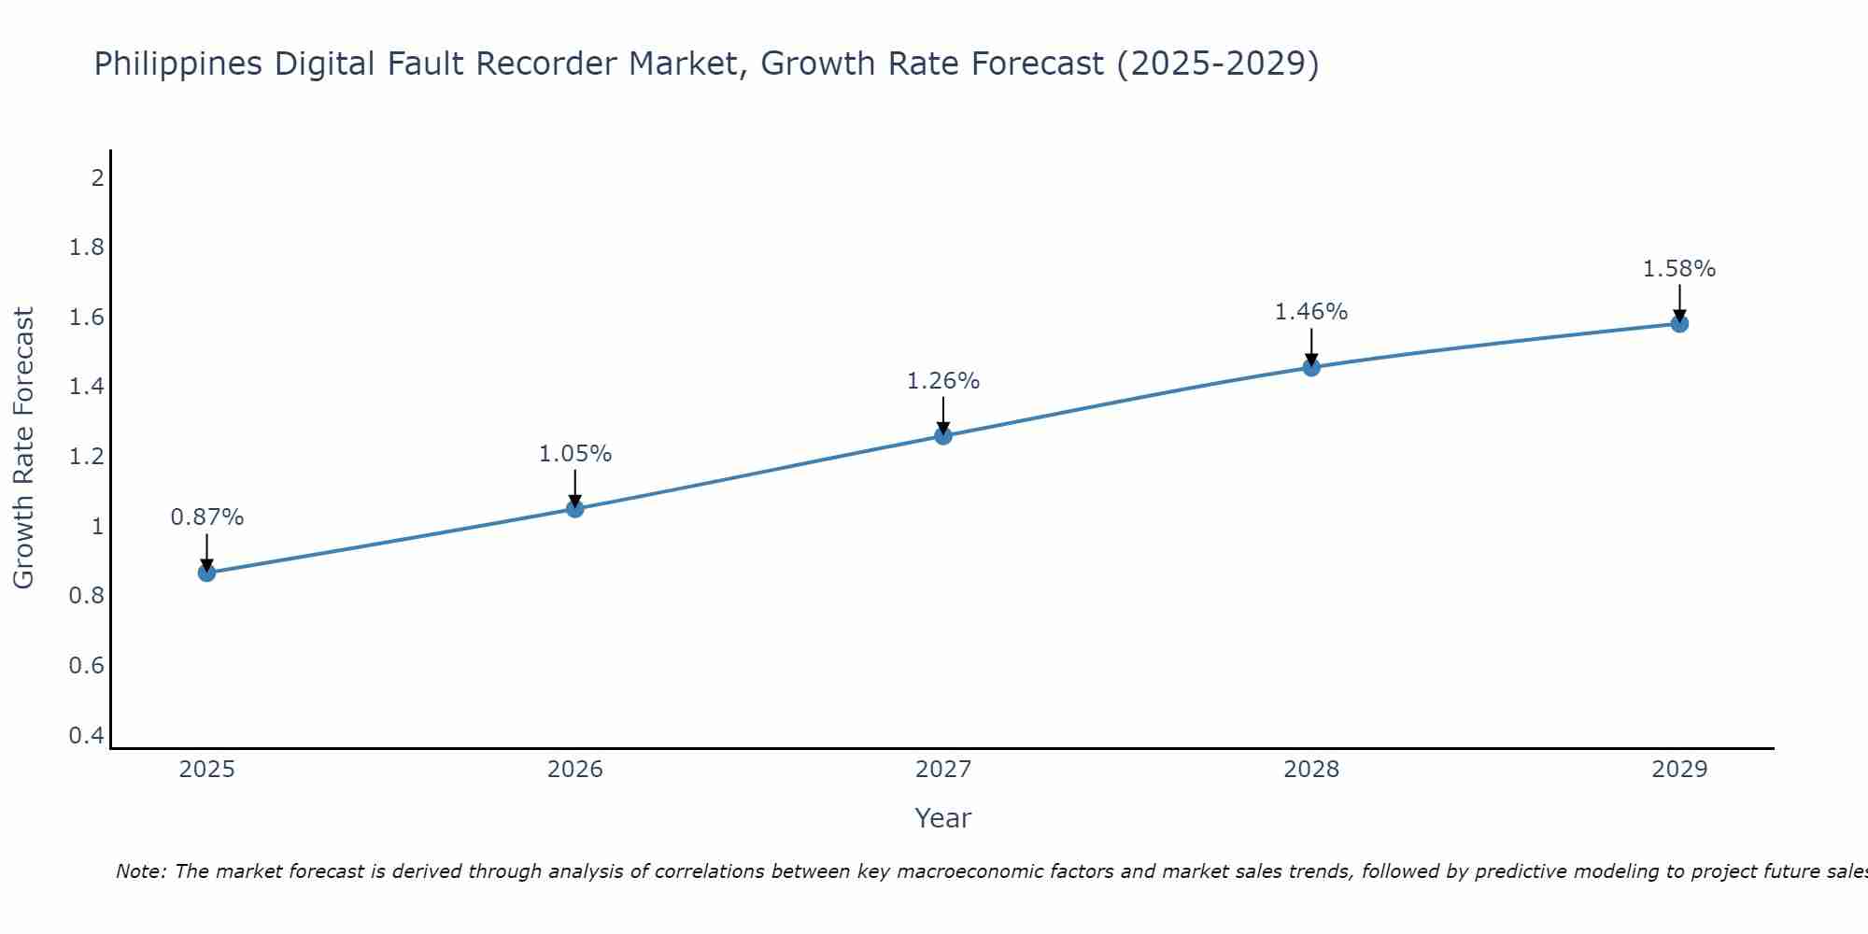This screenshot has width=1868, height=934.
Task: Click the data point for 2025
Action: pos(207,573)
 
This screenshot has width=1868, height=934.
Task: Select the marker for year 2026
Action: pos(575,509)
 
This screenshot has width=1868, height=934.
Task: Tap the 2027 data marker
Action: pos(943,435)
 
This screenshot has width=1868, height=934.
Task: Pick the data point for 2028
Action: pos(1311,367)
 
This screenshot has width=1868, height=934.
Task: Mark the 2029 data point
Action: pos(1679,324)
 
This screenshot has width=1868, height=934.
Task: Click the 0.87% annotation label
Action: pos(207,517)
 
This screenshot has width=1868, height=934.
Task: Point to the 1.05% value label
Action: pos(575,454)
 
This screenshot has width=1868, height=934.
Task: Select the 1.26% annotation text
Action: pos(943,381)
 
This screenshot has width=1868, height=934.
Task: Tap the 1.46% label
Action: pos(1311,312)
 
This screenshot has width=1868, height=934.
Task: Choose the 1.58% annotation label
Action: pos(1679,269)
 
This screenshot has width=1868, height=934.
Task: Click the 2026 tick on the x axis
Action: pos(575,770)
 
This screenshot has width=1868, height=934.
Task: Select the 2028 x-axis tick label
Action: pos(1311,770)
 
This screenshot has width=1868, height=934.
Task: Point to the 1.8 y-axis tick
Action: pos(87,248)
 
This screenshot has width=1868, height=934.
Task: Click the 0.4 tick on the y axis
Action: pos(87,736)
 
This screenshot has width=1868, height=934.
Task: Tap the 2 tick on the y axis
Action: pos(97,177)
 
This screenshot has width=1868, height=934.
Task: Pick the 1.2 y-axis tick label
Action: pos(87,457)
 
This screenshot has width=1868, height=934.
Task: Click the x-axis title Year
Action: pos(943,818)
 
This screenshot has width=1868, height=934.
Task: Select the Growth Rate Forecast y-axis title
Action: pos(24,448)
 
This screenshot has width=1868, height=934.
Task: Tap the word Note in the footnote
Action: pos(140,871)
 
